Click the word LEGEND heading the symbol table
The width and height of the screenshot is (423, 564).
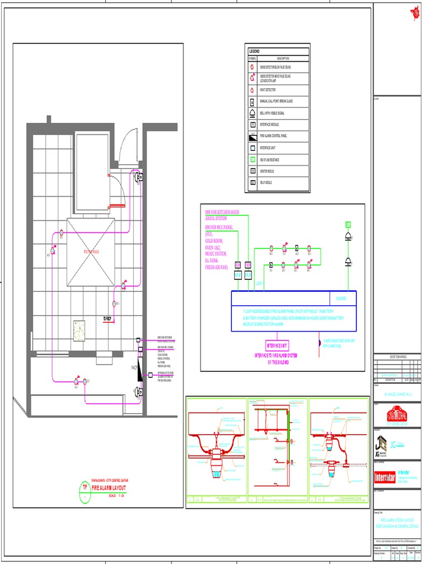click(254, 51)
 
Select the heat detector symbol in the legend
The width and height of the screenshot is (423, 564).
click(252, 89)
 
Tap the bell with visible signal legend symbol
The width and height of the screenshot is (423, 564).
click(252, 112)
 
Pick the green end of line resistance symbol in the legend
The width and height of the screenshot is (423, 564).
click(252, 159)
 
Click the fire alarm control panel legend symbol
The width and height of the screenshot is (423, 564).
click(252, 135)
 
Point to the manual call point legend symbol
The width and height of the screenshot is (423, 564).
click(252, 101)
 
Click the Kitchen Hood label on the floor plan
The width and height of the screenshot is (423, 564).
click(91, 251)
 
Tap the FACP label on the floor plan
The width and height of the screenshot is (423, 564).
click(134, 367)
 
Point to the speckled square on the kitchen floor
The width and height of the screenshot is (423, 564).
click(80, 329)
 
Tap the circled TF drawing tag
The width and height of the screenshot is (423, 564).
click(85, 487)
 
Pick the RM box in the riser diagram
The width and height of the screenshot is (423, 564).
click(238, 265)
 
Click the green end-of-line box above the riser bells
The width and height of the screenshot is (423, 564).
click(348, 224)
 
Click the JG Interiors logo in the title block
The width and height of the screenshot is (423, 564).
click(381, 445)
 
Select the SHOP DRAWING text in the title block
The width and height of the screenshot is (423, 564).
click(398, 357)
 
